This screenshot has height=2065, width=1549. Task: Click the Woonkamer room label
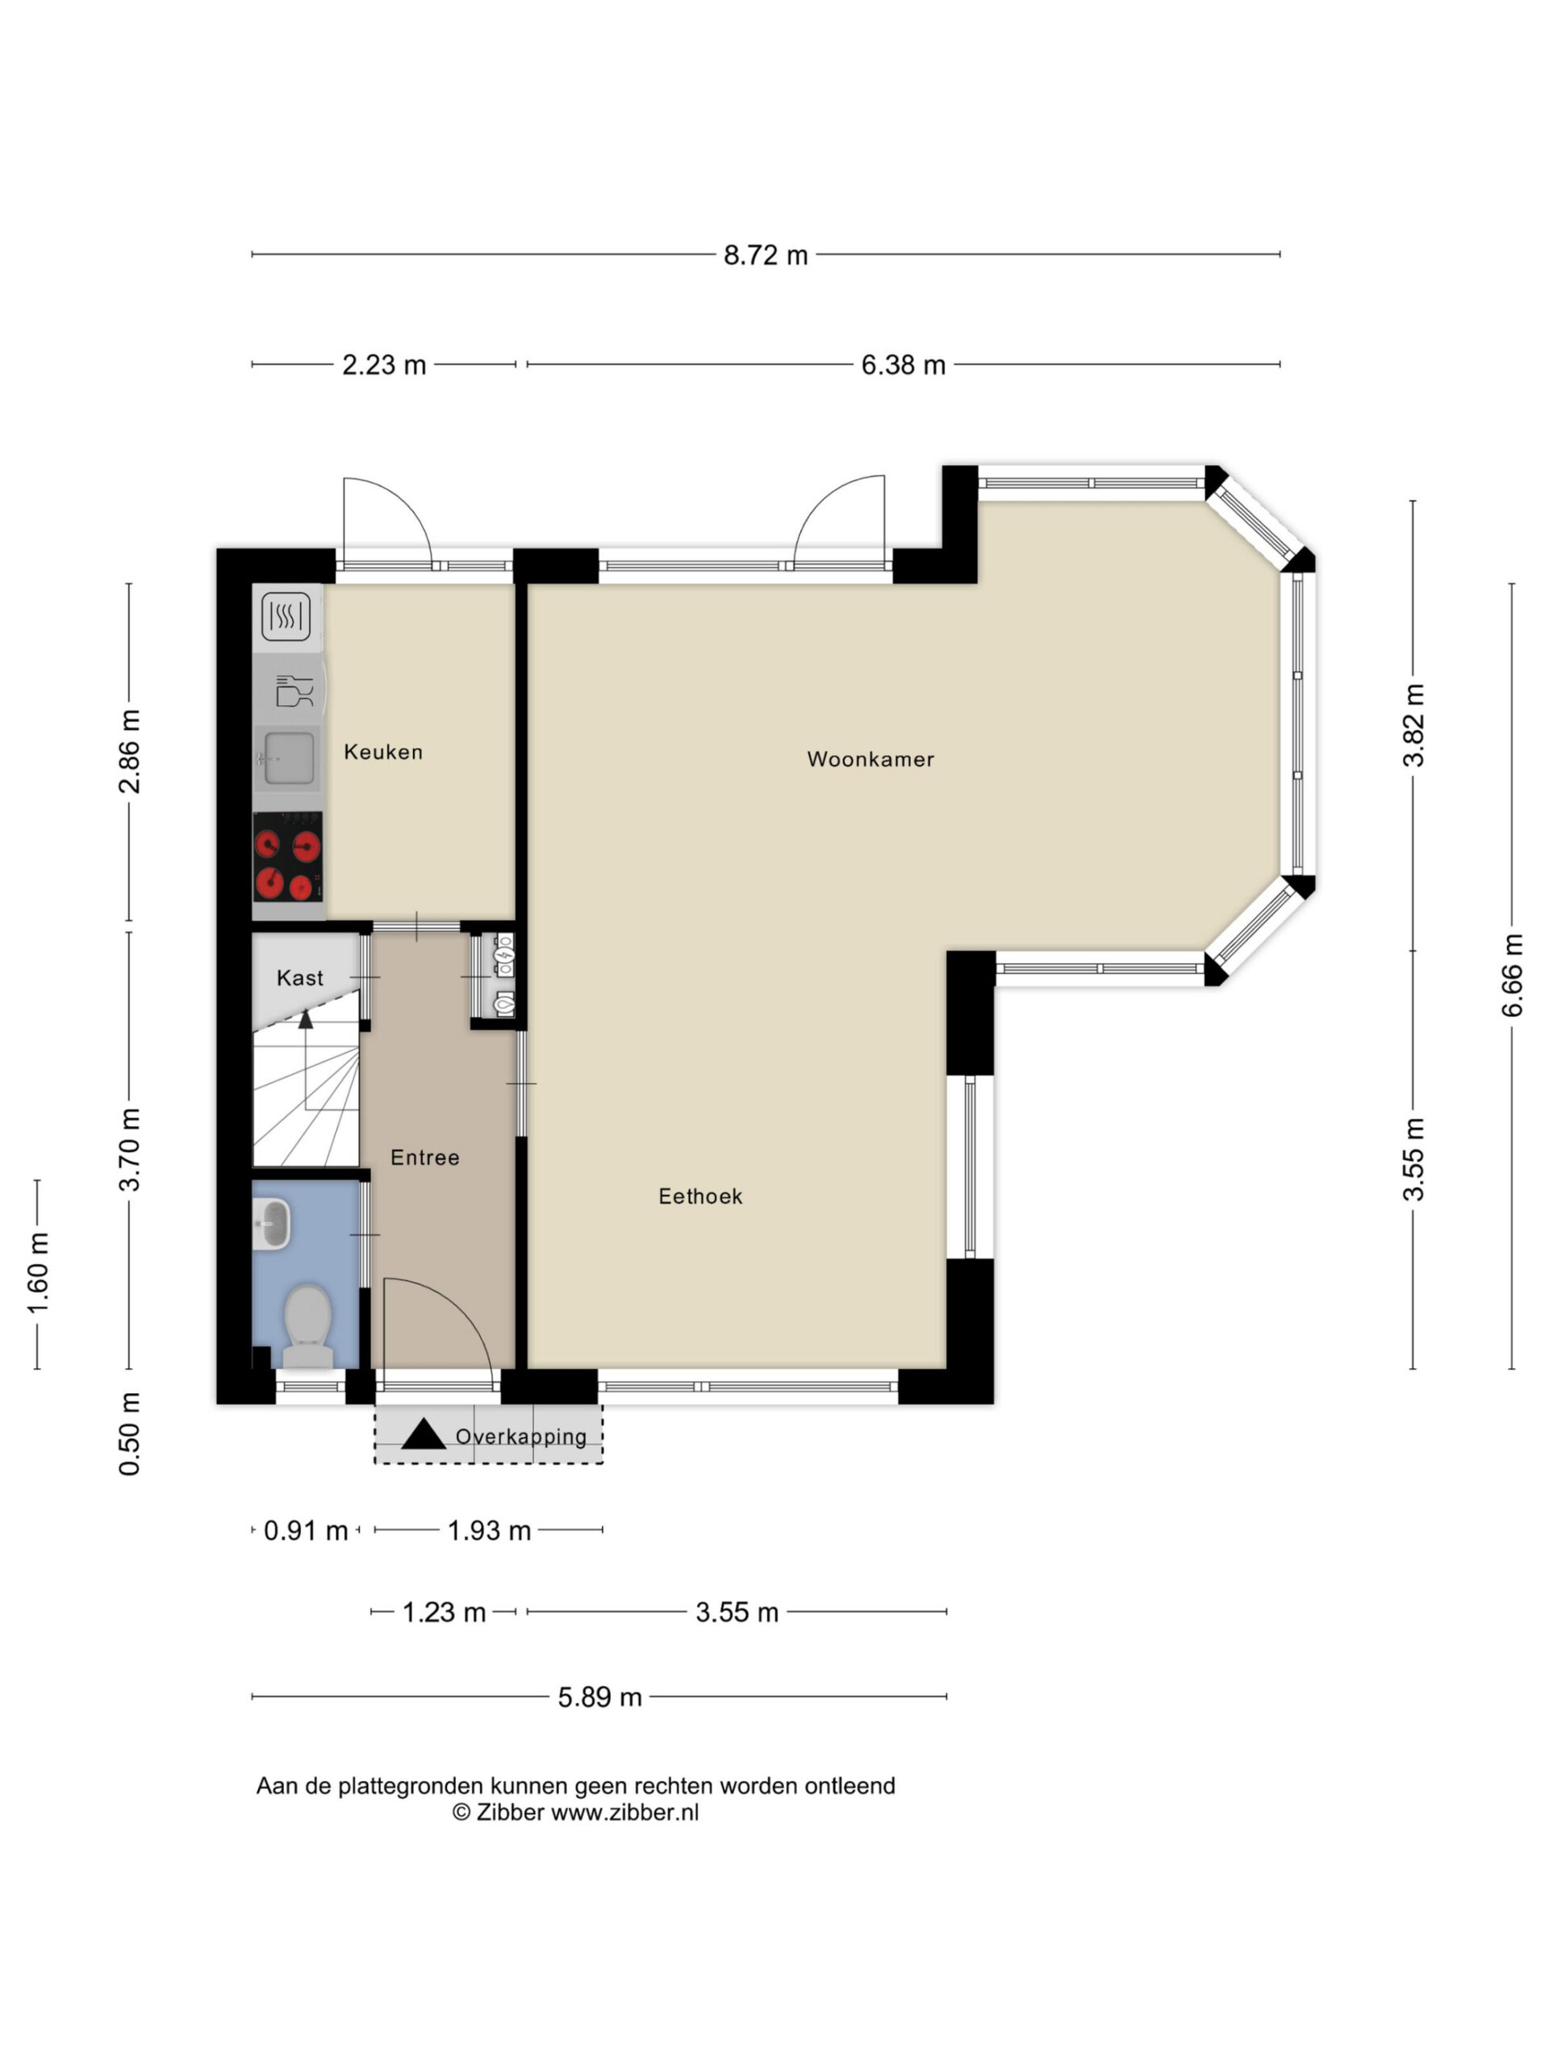[871, 759]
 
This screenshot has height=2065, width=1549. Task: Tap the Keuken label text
[383, 752]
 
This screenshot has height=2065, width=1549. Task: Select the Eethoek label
[700, 1196]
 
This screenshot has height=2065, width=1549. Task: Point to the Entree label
[425, 1158]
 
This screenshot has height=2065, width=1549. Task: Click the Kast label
[300, 978]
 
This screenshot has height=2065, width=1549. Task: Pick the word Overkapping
[521, 1437]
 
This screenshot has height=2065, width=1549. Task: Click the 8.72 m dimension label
[766, 255]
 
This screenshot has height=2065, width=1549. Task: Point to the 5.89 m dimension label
[599, 1697]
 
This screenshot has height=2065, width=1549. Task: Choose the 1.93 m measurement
[489, 1531]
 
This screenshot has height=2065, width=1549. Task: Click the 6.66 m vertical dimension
[1513, 975]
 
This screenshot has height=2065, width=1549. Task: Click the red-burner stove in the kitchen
[287, 857]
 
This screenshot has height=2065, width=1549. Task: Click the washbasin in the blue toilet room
[272, 1224]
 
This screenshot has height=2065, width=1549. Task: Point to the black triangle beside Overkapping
[423, 1435]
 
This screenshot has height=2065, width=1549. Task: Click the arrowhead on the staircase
[305, 1019]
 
